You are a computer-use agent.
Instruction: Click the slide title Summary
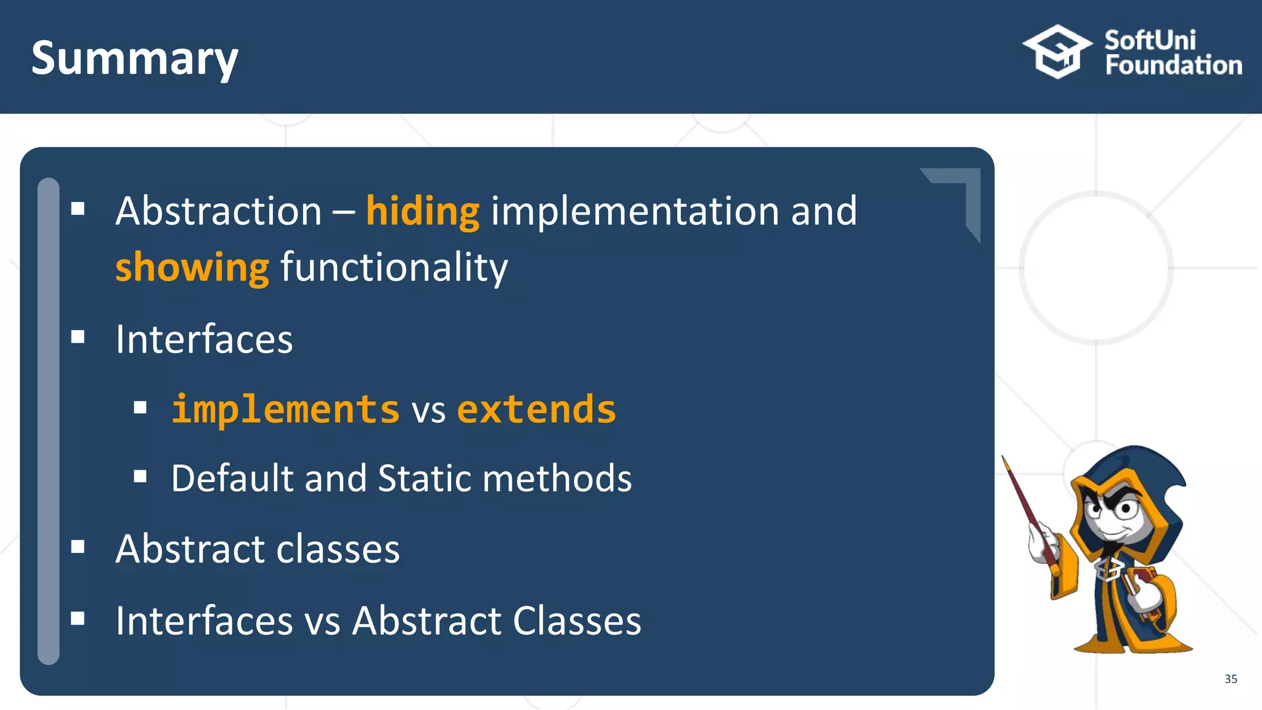click(134, 59)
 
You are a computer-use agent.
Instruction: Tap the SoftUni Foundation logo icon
click(1057, 52)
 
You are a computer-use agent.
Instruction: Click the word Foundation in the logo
click(1173, 65)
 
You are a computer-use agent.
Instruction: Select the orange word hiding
click(422, 211)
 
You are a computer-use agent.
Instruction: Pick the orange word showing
click(192, 268)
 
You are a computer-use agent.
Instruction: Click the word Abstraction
click(219, 211)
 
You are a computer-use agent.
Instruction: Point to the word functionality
click(394, 268)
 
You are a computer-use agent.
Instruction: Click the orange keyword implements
click(285, 409)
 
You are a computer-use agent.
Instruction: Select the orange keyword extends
click(536, 409)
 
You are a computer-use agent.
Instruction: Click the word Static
click(425, 478)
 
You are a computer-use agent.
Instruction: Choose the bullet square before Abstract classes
click(78, 547)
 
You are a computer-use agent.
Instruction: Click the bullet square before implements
click(140, 407)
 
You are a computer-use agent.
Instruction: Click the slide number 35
click(1231, 679)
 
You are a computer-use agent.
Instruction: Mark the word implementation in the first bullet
click(635, 211)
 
